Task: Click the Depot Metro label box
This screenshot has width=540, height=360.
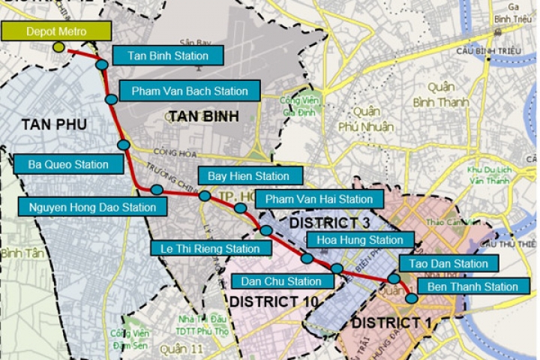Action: coord(56,31)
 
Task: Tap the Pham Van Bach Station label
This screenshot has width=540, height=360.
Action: coord(189,91)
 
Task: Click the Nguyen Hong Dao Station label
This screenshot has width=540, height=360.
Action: coord(93,207)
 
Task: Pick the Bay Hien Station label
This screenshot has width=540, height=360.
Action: coord(248,176)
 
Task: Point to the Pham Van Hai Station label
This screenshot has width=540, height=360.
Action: coord(319,199)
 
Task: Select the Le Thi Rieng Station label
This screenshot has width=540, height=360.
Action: coord(205,248)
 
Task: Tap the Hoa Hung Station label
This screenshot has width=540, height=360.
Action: coord(361,241)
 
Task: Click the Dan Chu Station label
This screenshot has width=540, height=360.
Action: coord(281,281)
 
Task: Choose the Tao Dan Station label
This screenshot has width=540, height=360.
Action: coord(448,264)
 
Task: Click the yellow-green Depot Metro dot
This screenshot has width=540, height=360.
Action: coord(59,48)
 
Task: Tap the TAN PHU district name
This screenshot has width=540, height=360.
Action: coord(54,124)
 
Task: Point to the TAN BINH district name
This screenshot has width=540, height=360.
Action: coord(204,116)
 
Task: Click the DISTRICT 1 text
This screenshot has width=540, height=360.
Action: coord(385,323)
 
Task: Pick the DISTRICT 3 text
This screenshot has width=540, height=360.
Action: coord(329,223)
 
